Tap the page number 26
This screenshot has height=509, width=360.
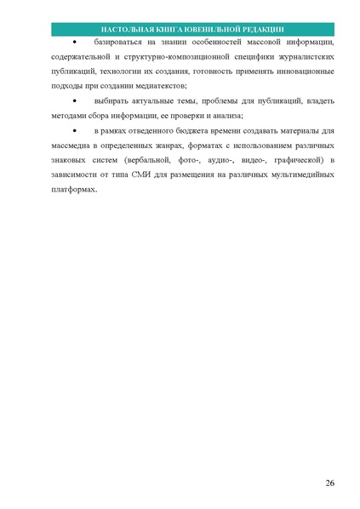coord(329,483)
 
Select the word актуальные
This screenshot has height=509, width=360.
coord(149,101)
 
